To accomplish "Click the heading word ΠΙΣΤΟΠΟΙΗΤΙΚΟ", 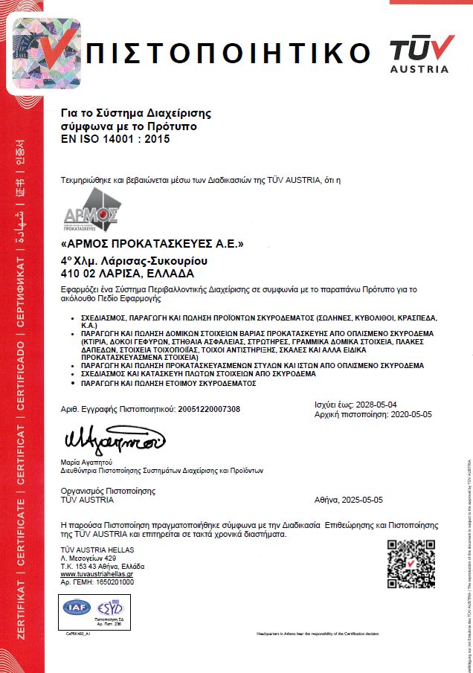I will point(228,54).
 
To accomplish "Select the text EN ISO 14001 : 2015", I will point(115,138).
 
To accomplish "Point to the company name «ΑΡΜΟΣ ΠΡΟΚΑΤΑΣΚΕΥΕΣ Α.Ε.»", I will point(152,244).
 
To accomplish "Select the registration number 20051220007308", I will point(209,410).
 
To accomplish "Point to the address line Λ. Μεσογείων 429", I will point(89,557).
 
